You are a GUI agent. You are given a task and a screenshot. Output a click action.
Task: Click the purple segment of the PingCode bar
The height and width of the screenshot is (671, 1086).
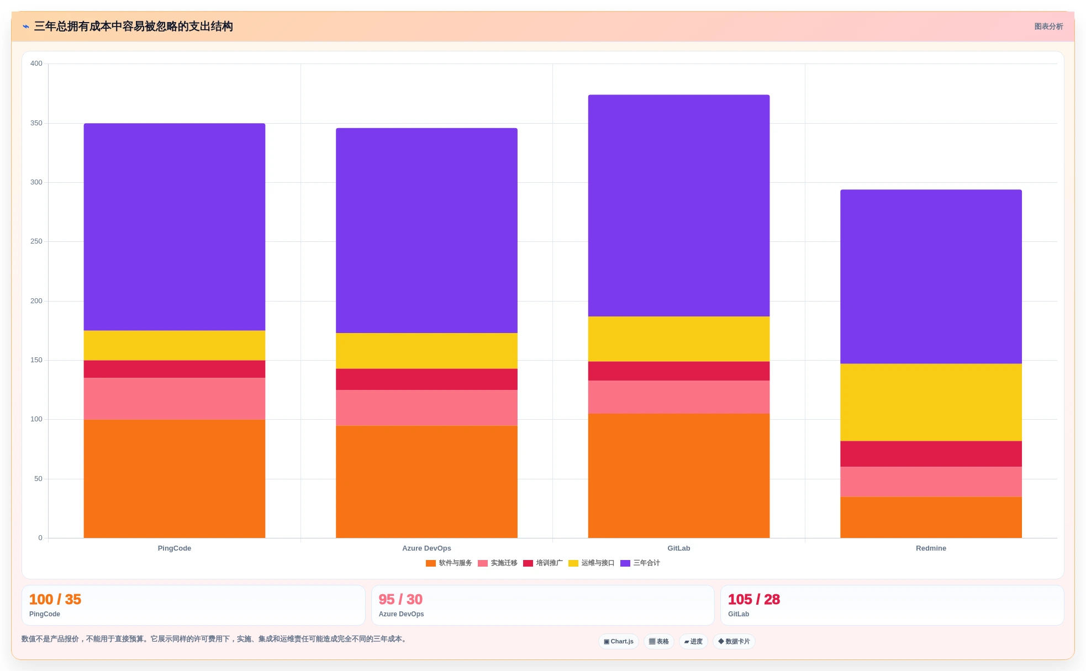pyautogui.click(x=175, y=227)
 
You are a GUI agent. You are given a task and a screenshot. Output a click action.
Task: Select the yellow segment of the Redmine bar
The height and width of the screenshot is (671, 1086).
pyautogui.click(x=931, y=402)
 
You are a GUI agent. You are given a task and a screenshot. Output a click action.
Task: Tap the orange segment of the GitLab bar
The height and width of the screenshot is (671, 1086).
pyautogui.click(x=679, y=475)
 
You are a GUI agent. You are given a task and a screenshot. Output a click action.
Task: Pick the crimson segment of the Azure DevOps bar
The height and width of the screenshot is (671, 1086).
pyautogui.click(x=426, y=379)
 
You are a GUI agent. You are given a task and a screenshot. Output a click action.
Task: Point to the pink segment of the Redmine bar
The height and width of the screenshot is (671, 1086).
pyautogui.click(x=931, y=482)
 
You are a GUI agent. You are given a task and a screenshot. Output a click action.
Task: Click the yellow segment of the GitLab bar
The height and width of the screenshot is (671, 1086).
pyautogui.click(x=679, y=339)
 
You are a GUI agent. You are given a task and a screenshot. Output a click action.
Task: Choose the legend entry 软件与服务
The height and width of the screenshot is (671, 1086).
pyautogui.click(x=449, y=563)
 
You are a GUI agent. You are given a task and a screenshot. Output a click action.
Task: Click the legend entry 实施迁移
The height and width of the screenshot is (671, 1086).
pyautogui.click(x=498, y=563)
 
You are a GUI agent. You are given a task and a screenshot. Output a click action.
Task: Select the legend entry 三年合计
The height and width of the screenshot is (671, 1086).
pyautogui.click(x=640, y=563)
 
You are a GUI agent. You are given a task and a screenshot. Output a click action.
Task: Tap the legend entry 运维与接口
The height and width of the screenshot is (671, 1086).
pyautogui.click(x=592, y=563)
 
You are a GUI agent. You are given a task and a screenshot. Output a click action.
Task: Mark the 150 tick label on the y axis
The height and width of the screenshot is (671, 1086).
pyautogui.click(x=36, y=360)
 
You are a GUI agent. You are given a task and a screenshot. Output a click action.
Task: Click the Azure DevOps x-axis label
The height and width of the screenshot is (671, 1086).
pyautogui.click(x=426, y=548)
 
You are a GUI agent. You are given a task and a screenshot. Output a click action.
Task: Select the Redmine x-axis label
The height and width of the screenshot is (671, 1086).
pyautogui.click(x=931, y=548)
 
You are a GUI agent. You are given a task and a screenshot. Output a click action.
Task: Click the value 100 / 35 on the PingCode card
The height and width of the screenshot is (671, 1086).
pyautogui.click(x=55, y=600)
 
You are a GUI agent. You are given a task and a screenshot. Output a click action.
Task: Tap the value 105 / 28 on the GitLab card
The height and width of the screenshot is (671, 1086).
pyautogui.click(x=754, y=600)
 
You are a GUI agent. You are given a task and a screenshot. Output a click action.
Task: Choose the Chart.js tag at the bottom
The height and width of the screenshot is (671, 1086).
pyautogui.click(x=619, y=642)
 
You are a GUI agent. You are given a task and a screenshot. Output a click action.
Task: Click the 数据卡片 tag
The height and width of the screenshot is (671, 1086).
pyautogui.click(x=734, y=642)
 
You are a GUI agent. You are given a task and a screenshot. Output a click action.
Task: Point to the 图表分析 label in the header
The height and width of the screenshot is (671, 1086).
pyautogui.click(x=1048, y=27)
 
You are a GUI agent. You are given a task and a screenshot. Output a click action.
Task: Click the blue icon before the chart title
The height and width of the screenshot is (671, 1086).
pyautogui.click(x=26, y=27)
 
